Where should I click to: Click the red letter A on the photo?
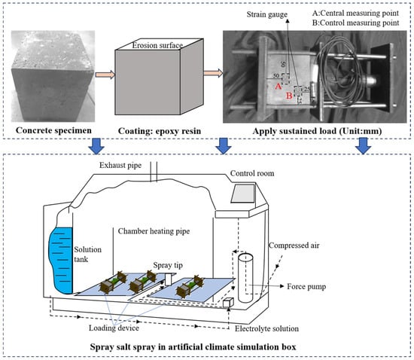tap(278, 86)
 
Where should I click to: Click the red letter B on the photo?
tap(289, 96)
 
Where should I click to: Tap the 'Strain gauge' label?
tap(267, 14)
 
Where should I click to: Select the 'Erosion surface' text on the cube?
tap(157, 45)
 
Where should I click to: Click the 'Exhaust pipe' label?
tap(120, 166)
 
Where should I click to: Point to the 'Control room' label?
tap(252, 173)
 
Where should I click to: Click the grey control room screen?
tap(243, 194)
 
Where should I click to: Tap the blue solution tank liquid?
tap(61, 260)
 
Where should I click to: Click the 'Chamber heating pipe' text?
tap(154, 231)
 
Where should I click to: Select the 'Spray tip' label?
tap(168, 265)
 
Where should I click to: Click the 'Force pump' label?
tap(306, 287)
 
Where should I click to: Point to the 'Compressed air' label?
tap(294, 246)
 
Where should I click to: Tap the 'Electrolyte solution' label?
tap(266, 328)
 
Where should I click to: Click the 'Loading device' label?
tap(114, 328)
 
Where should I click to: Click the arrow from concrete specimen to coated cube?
tap(105, 75)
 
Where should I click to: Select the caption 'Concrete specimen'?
tap(53, 130)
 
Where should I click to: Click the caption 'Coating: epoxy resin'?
tap(160, 131)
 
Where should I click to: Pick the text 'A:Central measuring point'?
tap(355, 13)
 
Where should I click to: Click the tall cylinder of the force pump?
tap(245, 278)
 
